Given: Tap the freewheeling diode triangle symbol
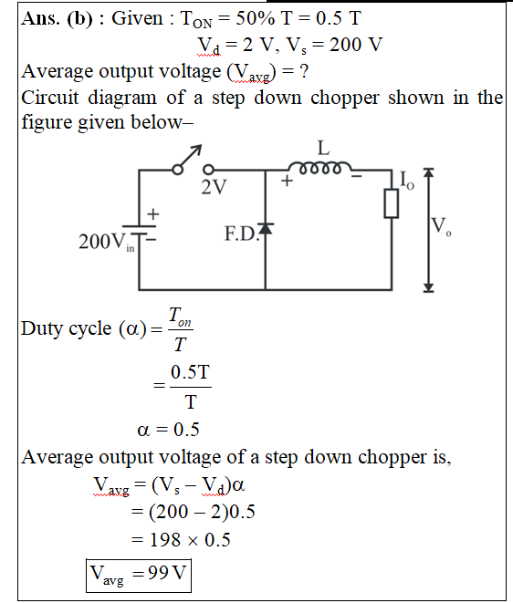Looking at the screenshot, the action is [266, 228].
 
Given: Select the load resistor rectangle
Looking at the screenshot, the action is [392, 203].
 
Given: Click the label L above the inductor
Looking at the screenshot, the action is [323, 148].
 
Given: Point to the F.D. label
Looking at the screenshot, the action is [241, 234].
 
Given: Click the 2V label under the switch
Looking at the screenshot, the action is [214, 187].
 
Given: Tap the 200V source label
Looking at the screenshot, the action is [107, 243].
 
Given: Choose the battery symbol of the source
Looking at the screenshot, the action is [139, 230].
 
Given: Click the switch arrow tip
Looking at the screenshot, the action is [201, 146].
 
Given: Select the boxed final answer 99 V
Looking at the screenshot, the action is [139, 576].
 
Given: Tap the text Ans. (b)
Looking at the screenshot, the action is [57, 18].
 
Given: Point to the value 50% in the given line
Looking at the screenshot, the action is [256, 18].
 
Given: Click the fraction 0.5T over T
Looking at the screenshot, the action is [191, 387].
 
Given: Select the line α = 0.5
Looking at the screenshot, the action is [169, 430].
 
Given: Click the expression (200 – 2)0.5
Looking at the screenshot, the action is [202, 512].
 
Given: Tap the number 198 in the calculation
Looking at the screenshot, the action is [165, 539].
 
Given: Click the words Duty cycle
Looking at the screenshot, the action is [67, 329].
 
